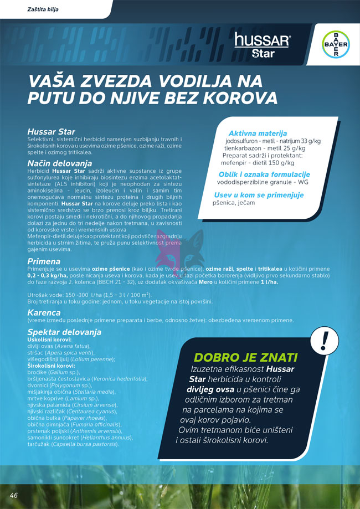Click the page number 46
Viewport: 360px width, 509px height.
[14, 495]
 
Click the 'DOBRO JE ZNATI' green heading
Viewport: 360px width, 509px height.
[245, 357]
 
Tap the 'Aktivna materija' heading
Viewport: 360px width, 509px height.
[258, 133]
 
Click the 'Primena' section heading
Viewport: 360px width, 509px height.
[44, 261]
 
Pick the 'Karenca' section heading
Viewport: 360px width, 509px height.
[44, 312]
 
